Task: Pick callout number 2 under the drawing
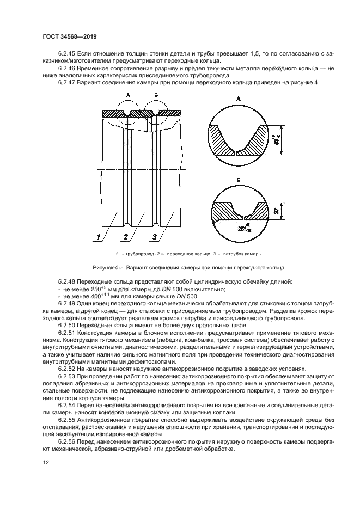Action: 126,237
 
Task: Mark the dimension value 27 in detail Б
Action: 277,211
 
